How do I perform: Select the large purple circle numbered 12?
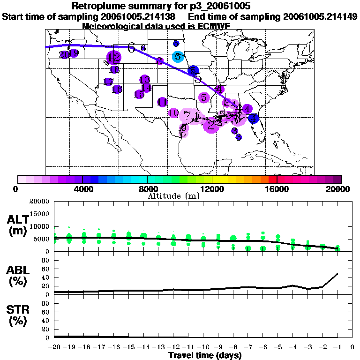click(x=113, y=58)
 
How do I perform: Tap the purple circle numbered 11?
click(x=162, y=102)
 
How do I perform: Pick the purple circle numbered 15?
click(x=139, y=95)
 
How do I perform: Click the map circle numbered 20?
click(x=64, y=54)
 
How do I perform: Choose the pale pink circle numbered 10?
click(x=173, y=113)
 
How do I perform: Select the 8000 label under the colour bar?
click(x=147, y=189)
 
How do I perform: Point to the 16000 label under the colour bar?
click(x=277, y=189)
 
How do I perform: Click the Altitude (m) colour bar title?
click(x=174, y=196)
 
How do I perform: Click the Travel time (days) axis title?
click(x=205, y=356)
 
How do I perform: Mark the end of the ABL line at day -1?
click(x=337, y=273)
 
